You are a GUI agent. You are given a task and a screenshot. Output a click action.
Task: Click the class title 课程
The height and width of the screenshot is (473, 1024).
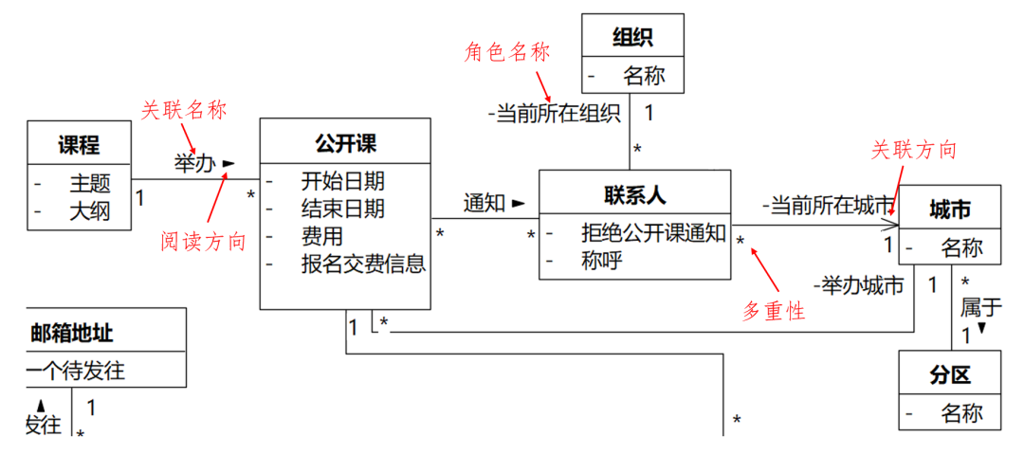(79, 145)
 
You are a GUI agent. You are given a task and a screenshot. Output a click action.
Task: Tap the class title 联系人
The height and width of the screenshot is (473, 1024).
(634, 194)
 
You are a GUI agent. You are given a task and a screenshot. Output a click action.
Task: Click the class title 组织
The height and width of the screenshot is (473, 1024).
(633, 38)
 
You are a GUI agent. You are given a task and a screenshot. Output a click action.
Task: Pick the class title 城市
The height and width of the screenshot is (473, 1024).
(949, 210)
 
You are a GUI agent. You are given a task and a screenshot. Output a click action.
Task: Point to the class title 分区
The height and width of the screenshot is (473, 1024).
(949, 375)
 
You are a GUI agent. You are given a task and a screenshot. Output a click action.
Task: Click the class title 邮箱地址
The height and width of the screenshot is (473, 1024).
(73, 332)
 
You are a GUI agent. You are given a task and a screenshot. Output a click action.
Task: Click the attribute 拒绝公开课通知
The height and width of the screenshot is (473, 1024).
(654, 233)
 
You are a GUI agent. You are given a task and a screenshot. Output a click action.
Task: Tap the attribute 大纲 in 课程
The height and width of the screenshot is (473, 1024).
(89, 210)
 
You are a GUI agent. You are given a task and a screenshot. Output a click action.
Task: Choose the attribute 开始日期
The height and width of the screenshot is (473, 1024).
(342, 180)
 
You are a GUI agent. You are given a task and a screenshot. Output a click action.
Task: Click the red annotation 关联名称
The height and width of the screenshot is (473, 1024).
(184, 110)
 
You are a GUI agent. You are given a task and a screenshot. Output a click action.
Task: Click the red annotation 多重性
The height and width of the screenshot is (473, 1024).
(774, 310)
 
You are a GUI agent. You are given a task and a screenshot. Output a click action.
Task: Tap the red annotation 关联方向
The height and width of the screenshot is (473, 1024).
(914, 150)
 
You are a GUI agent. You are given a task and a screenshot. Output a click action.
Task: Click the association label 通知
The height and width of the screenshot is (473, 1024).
(484, 202)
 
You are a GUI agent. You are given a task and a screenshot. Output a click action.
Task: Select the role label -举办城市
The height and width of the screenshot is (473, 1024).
(858, 284)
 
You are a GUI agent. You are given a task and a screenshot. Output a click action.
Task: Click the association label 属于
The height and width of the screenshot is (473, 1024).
(980, 306)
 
